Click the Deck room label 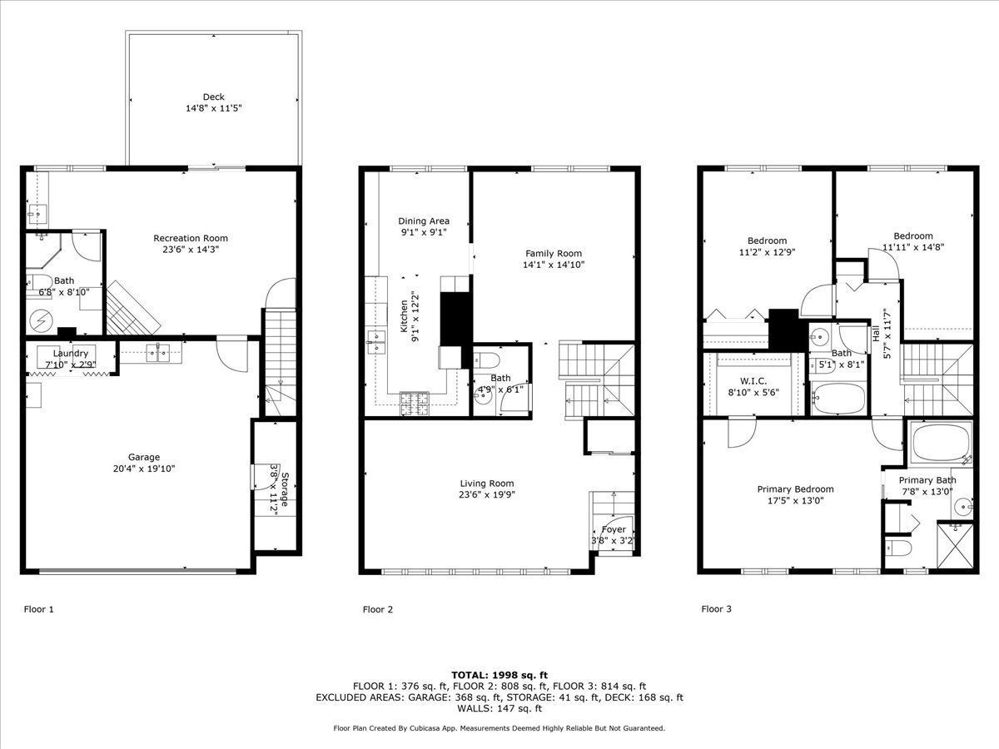coord(213,97)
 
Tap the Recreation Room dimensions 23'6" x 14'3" coord(191,250)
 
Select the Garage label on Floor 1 coord(144,457)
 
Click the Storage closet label coord(284,489)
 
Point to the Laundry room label coord(71,354)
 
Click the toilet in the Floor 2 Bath coord(487,360)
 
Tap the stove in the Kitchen coord(415,403)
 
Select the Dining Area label coord(424,221)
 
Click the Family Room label coord(554,254)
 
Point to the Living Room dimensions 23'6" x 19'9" coord(487,495)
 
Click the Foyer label coord(614,529)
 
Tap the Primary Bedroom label coord(795,489)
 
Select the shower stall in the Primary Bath coord(955,545)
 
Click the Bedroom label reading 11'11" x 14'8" coord(913,236)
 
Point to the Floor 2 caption coord(378,609)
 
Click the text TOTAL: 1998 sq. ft coord(499,674)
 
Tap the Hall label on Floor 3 coord(877,334)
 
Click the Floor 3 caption coord(717,609)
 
